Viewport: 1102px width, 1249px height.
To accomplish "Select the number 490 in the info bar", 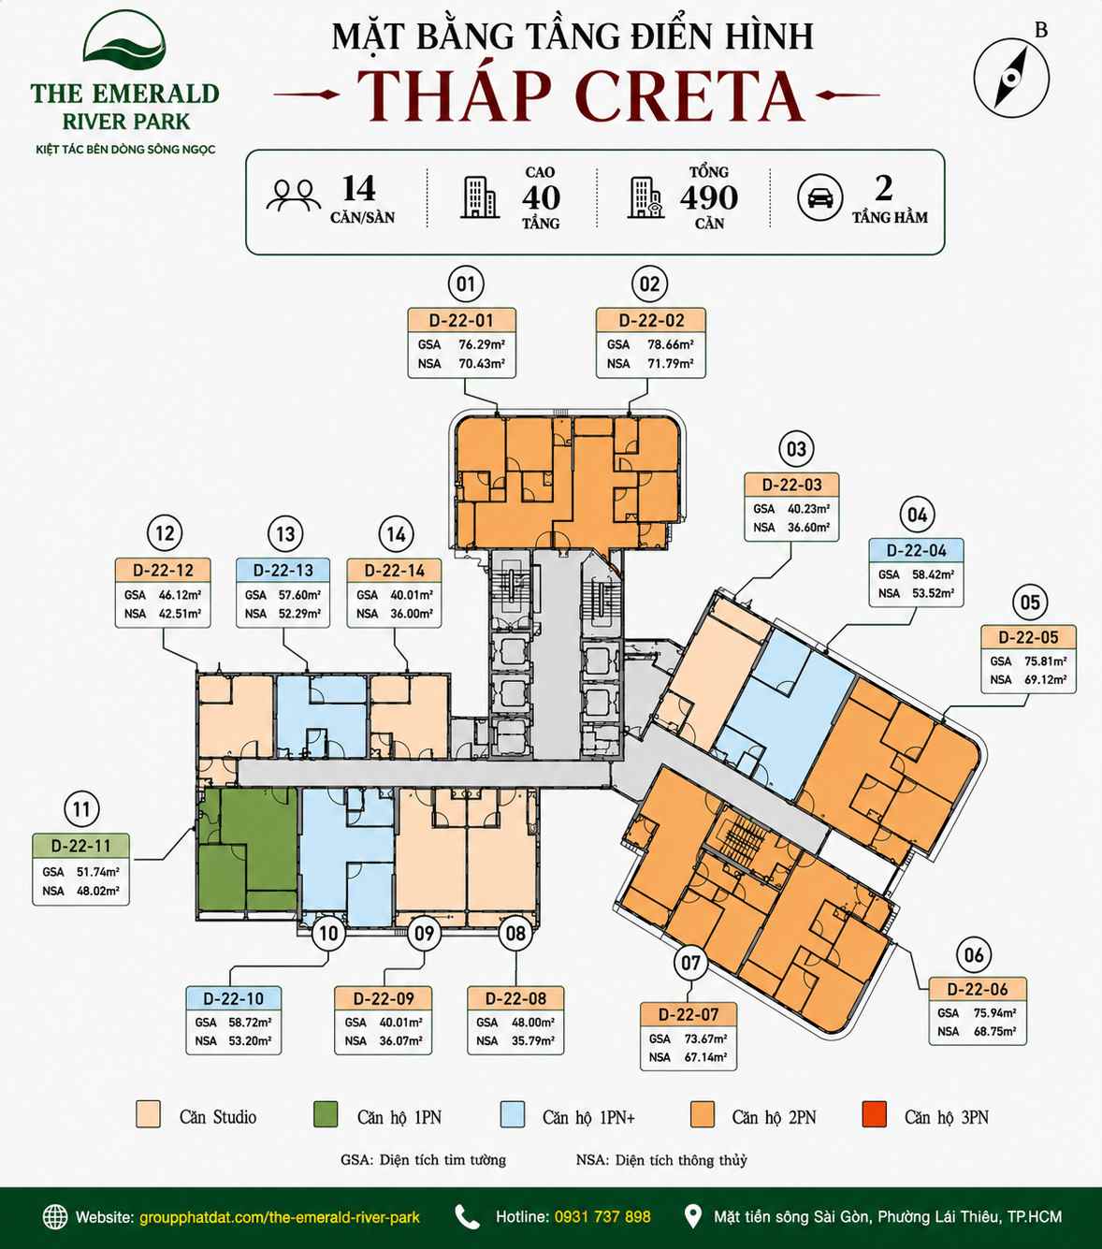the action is tap(709, 197).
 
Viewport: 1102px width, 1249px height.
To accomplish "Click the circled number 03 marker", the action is tap(796, 449).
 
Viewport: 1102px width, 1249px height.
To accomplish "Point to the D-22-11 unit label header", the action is tap(81, 845).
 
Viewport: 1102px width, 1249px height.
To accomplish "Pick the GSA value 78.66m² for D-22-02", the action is tap(670, 344).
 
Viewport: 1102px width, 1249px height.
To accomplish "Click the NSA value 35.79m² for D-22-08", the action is tap(532, 1040).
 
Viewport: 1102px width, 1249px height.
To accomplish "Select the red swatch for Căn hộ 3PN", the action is tap(874, 1114).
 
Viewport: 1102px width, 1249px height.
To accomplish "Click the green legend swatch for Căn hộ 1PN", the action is tap(326, 1114).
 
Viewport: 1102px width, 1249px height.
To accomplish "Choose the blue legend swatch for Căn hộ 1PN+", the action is tap(512, 1114).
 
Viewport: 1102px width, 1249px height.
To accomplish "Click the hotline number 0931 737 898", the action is tap(602, 1216).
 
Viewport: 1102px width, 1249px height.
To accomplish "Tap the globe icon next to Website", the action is tap(55, 1217).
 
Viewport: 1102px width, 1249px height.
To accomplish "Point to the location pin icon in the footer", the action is tap(693, 1216).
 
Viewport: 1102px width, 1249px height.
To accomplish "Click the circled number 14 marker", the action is tap(396, 534).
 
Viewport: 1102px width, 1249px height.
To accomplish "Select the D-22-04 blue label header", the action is tap(916, 550).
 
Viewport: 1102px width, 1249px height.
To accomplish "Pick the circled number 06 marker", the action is tap(974, 955).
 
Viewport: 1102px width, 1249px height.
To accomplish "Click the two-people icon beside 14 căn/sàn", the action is tap(294, 195).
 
